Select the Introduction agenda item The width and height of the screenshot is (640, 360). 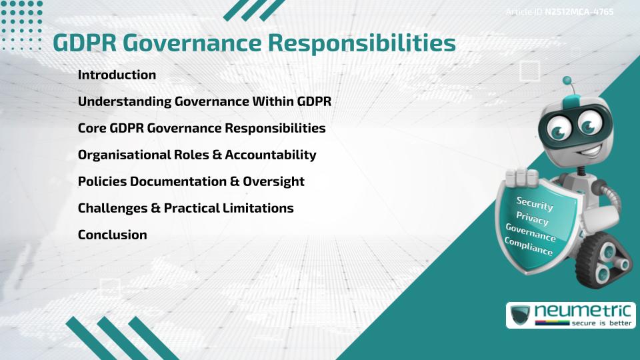117,75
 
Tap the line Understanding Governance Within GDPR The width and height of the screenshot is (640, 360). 204,101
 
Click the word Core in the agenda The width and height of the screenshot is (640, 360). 92,128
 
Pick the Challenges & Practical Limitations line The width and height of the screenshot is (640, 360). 185,208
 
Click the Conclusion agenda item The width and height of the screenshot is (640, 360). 112,235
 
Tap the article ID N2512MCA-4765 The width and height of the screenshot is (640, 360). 579,11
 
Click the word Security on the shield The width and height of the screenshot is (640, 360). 534,203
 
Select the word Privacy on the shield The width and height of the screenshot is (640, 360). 532,218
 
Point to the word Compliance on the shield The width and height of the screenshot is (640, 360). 528,246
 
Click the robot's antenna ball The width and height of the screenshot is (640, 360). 567,81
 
